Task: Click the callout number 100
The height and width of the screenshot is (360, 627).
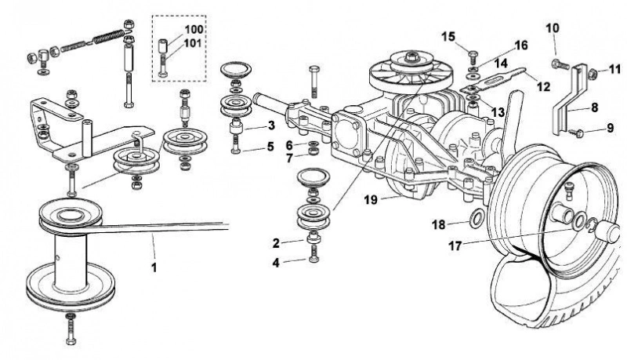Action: coord(194,30)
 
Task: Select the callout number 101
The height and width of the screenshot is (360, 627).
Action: coord(192,43)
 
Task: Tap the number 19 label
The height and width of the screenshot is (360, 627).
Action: coord(371,199)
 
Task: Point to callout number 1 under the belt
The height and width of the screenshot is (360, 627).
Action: coord(154,267)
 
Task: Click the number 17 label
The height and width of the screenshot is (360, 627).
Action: coord(455,245)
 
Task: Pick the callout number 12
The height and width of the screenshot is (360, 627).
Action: coord(544,86)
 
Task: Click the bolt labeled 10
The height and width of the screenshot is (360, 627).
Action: coord(560,64)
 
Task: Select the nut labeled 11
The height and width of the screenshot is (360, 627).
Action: coord(593,74)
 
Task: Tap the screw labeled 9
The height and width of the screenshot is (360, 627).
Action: coord(576,131)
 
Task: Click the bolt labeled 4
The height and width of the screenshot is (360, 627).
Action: coord(314,254)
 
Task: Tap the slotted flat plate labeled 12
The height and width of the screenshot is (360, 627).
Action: coord(493,82)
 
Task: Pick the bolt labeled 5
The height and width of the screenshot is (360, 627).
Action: coord(236,145)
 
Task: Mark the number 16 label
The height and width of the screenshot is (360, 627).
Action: coord(521,45)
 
